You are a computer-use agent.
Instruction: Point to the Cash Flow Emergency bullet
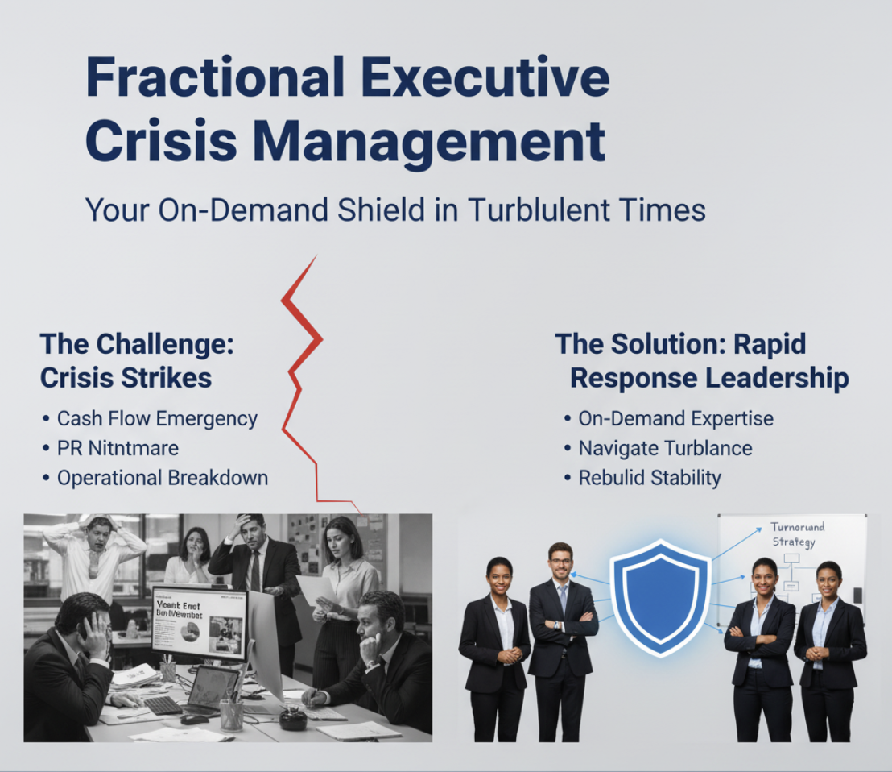[157, 419]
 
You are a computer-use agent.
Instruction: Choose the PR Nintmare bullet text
[118, 448]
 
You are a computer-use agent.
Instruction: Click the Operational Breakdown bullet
[162, 477]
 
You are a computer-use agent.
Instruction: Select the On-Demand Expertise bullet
[675, 419]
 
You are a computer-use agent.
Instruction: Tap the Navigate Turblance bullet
[665, 448]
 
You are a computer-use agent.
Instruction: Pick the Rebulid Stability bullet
[650, 477]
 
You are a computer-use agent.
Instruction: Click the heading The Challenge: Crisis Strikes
[137, 360]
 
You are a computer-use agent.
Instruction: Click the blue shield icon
[659, 597]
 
